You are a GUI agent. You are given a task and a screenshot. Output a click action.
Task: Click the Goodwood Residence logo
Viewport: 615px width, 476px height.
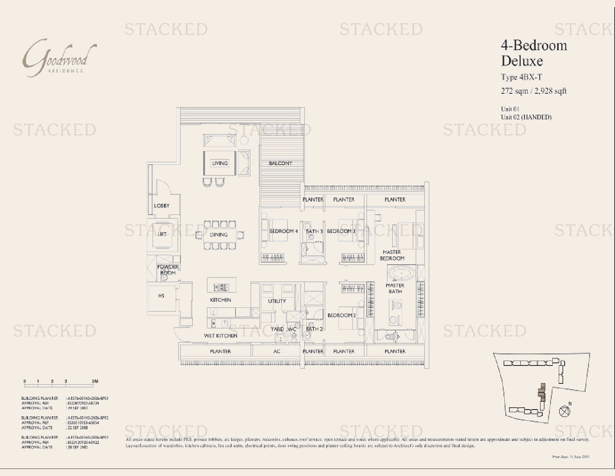pyautogui.click(x=60, y=58)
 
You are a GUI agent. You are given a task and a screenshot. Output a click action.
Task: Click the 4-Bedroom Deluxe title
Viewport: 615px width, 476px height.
pyautogui.click(x=534, y=53)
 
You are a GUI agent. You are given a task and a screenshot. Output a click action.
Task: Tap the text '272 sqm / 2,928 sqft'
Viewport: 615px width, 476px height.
pyautogui.click(x=533, y=91)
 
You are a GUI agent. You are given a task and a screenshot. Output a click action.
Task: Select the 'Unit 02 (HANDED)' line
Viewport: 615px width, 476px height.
pyautogui.click(x=526, y=117)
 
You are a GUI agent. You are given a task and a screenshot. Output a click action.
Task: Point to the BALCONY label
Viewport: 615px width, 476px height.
pyautogui.click(x=280, y=163)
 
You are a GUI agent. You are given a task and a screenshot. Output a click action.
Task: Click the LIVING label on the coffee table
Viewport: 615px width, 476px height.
pyautogui.click(x=220, y=163)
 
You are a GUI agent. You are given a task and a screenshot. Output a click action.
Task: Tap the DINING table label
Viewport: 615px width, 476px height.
pyautogui.click(x=218, y=235)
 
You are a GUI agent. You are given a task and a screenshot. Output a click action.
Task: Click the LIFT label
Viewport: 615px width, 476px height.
pyautogui.click(x=162, y=234)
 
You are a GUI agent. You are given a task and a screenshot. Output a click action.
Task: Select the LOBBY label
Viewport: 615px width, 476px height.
pyautogui.click(x=162, y=206)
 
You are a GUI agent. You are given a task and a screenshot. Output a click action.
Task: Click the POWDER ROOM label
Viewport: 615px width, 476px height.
pyautogui.click(x=168, y=270)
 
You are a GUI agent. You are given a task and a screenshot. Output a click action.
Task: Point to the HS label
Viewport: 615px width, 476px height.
pyautogui.click(x=161, y=296)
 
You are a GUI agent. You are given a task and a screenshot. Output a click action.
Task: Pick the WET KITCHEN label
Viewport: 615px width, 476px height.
pyautogui.click(x=220, y=336)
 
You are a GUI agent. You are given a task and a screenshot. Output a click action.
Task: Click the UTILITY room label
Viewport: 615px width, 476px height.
pyautogui.click(x=277, y=301)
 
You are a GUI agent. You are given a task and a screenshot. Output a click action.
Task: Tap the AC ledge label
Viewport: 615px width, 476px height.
pyautogui.click(x=277, y=351)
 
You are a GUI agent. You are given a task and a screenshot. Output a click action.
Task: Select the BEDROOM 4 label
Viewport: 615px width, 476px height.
pyautogui.click(x=283, y=231)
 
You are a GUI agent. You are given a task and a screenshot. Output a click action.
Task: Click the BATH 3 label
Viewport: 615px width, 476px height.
pyautogui.click(x=314, y=231)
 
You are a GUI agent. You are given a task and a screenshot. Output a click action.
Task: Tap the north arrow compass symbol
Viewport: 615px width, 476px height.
pyautogui.click(x=565, y=411)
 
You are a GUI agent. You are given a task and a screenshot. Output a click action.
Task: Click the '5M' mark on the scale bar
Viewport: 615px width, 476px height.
pyautogui.click(x=95, y=382)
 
